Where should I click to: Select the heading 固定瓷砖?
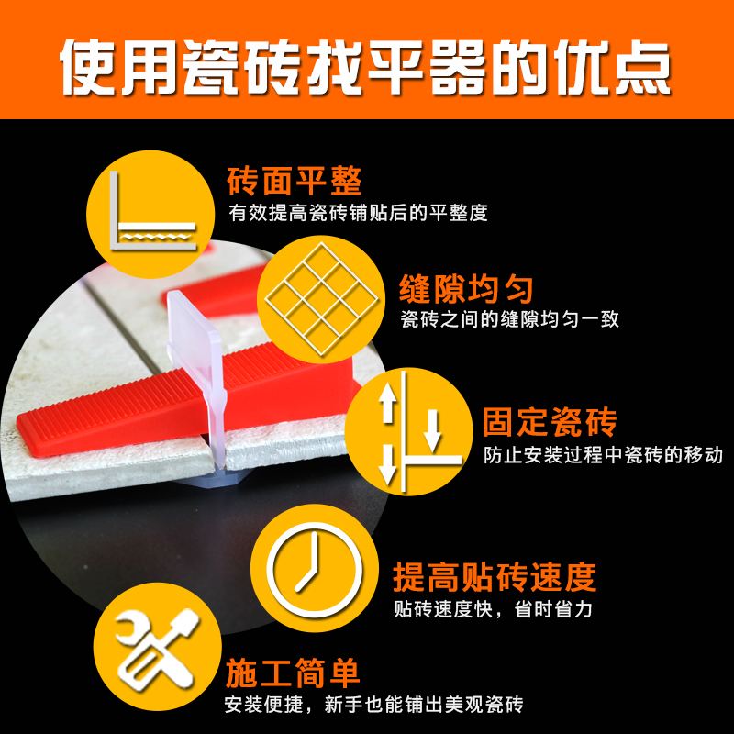[550, 424]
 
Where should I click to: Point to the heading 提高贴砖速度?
[495, 576]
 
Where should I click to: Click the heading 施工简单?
[292, 673]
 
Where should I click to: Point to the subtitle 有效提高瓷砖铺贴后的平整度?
[357, 213]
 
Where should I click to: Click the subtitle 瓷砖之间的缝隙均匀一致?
[509, 320]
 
